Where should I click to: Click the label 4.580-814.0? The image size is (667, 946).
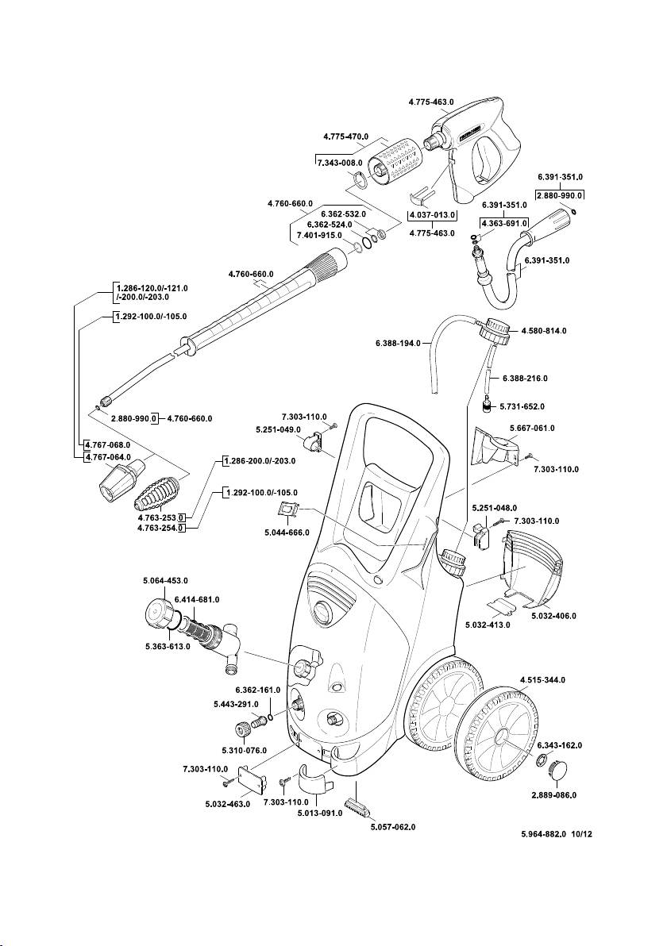544,330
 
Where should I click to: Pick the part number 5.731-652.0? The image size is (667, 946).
522,406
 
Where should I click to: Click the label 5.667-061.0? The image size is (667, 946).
531,428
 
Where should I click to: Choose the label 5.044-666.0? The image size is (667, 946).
287,532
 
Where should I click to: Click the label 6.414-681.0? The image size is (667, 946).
197,599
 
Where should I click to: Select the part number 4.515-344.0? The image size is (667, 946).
543,680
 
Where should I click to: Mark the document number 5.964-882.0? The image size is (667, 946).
544,835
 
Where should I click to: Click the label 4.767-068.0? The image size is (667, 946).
108,445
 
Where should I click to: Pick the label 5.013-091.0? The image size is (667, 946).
319,813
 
